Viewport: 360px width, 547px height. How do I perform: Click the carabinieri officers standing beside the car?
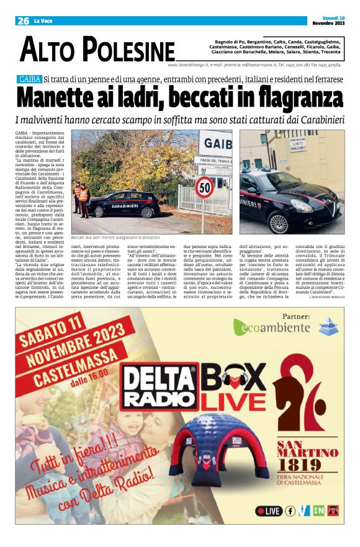(81, 197)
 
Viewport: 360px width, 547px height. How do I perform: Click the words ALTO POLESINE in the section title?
(97, 50)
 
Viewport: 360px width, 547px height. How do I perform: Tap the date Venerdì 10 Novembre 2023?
(327, 20)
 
